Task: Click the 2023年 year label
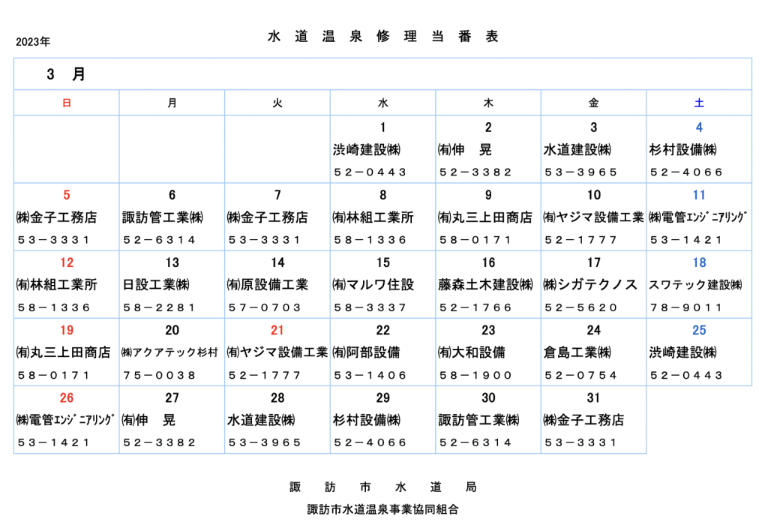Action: [33, 42]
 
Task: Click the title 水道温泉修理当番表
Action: [383, 36]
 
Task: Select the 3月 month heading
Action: [66, 74]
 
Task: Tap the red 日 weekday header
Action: [67, 103]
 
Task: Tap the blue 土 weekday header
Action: [699, 103]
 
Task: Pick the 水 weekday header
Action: [383, 103]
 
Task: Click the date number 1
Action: [383, 127]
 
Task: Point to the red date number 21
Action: [277, 330]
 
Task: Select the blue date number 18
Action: [699, 262]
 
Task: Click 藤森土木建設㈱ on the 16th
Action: [485, 284]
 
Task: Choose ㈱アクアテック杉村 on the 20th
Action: [169, 352]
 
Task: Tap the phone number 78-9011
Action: [685, 307]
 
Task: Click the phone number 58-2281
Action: [159, 307]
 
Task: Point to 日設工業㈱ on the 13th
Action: [156, 284]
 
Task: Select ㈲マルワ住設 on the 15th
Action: [373, 284]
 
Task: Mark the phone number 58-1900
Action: [475, 375]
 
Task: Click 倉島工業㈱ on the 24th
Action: [577, 352]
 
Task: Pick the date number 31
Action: [593, 397]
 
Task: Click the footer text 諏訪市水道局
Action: [383, 487]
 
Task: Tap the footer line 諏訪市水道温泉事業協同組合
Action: [383, 509]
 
